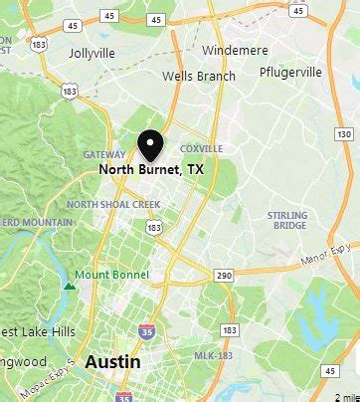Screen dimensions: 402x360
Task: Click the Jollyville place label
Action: [x=90, y=53]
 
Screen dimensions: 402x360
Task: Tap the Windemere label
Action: [x=234, y=50]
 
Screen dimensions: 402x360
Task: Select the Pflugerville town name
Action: [x=291, y=72]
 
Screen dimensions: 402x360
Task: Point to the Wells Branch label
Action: [x=200, y=76]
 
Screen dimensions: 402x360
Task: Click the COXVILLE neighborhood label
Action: [x=201, y=148]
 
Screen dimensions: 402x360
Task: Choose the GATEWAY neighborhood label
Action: [x=104, y=154]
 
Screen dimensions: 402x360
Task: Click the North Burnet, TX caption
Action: [x=150, y=170]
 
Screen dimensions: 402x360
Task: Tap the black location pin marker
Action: [x=150, y=145]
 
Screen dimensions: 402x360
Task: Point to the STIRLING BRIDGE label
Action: [x=287, y=220]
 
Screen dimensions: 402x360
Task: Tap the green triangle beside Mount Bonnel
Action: [x=70, y=286]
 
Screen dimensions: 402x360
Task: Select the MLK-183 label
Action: [x=214, y=355]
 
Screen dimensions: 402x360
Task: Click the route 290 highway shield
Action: [x=224, y=274]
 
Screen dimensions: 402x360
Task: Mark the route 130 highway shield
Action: [x=344, y=133]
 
